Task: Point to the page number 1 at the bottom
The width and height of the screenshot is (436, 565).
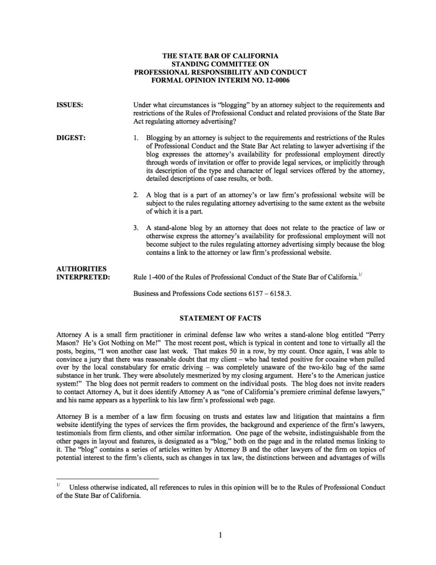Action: pyautogui.click(x=219, y=534)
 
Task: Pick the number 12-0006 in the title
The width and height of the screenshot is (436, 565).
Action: pyautogui.click(x=273, y=80)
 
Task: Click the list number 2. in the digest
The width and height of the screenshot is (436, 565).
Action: pyautogui.click(x=137, y=195)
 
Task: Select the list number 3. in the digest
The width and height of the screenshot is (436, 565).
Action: pyautogui.click(x=137, y=227)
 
